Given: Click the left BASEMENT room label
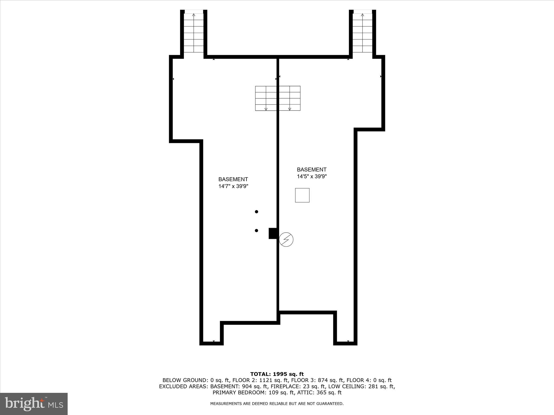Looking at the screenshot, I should [x=233, y=179].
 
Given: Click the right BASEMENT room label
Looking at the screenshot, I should [x=312, y=170].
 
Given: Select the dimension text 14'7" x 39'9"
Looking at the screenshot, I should [x=233, y=186].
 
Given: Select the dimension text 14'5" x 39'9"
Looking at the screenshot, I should [x=312, y=176].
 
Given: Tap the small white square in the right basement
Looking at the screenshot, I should [x=302, y=195].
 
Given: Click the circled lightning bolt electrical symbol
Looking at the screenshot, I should [x=286, y=239].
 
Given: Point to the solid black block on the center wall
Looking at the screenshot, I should [x=272, y=233].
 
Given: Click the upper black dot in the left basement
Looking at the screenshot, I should [x=256, y=212].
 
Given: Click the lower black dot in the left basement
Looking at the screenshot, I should [x=256, y=230].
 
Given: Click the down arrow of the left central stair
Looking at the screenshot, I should [x=266, y=109].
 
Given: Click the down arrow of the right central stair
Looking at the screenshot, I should [x=290, y=109].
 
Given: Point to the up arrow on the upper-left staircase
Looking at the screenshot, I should [x=194, y=15].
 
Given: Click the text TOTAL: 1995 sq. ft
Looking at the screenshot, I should [x=277, y=374].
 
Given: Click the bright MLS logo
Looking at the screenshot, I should [x=34, y=404].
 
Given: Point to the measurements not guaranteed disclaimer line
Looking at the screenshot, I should [x=277, y=404].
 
